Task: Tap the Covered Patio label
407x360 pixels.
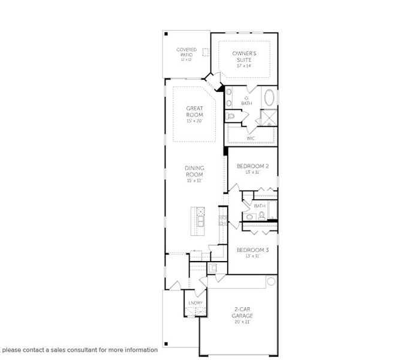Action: coord(186,52)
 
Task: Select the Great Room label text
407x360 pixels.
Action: coord(194,112)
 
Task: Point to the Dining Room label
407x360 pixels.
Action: coord(194,171)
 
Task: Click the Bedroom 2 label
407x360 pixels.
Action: coord(252,166)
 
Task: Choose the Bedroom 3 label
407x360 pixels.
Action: coord(252,250)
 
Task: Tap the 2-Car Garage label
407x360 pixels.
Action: coord(243,312)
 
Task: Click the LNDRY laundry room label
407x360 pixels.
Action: coord(195,303)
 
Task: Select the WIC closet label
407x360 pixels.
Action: coord(251,138)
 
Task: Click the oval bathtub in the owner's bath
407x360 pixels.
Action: coord(270,98)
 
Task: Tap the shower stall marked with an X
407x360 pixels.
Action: coord(269,118)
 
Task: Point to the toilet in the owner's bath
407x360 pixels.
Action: coord(231,116)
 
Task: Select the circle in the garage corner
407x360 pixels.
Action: coord(271,281)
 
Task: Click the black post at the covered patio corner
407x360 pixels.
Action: coord(166,34)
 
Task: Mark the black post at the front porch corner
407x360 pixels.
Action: coord(166,344)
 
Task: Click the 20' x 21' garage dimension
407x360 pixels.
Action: coord(243,322)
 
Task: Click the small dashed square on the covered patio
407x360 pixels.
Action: coord(206,52)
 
